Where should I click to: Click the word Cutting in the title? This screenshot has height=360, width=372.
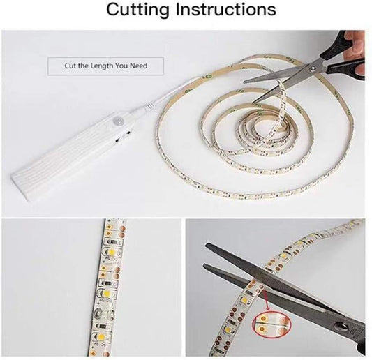click(137, 10)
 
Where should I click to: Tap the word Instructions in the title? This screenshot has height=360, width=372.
click(225, 9)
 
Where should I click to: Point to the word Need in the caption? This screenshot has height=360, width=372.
click(139, 66)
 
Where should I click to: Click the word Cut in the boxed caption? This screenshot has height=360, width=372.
click(70, 66)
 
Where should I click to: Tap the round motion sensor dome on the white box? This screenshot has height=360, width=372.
click(117, 118)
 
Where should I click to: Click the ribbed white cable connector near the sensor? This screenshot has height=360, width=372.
click(149, 107)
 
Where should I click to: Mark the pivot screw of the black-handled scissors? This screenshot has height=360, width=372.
click(313, 68)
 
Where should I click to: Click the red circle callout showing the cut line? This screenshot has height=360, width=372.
click(271, 323)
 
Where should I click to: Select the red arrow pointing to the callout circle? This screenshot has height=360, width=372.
click(267, 301)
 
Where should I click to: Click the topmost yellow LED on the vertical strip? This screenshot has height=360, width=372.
click(111, 251)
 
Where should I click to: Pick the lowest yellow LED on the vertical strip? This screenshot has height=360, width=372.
click(101, 337)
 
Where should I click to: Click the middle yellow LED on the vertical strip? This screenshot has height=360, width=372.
click(105, 293)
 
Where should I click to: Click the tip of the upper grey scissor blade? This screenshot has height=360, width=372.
click(206, 245)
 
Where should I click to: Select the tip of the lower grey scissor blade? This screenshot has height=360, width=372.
click(204, 264)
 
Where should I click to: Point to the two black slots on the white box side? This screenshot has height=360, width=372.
click(123, 137)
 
